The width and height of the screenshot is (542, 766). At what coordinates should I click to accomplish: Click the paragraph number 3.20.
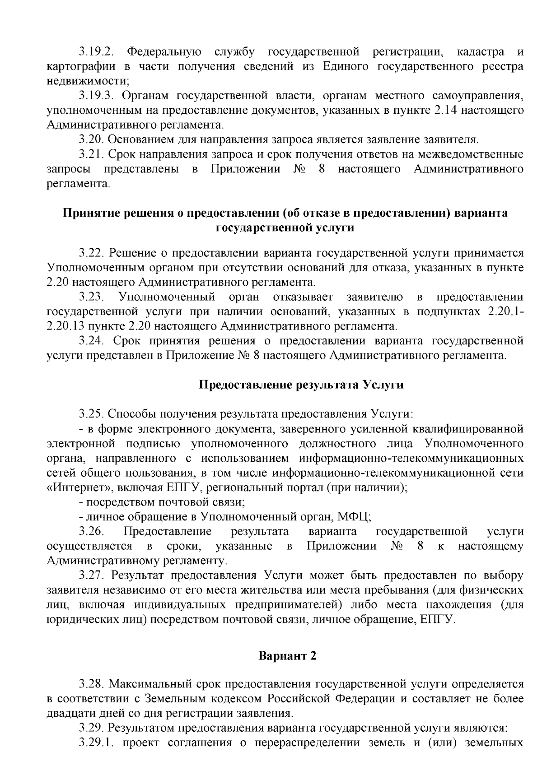[x=91, y=139]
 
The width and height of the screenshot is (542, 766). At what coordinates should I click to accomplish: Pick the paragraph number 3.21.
[x=91, y=154]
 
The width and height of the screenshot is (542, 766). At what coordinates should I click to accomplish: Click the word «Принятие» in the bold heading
[x=89, y=213]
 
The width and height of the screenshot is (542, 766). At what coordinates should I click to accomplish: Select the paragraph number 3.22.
[x=91, y=253]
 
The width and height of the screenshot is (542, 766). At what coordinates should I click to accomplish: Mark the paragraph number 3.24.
[x=91, y=340]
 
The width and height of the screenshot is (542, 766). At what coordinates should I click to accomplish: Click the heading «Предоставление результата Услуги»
[x=301, y=385]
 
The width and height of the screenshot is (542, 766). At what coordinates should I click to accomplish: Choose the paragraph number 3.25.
[x=91, y=413]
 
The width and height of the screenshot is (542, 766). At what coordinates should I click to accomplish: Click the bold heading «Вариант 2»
[x=287, y=656]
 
